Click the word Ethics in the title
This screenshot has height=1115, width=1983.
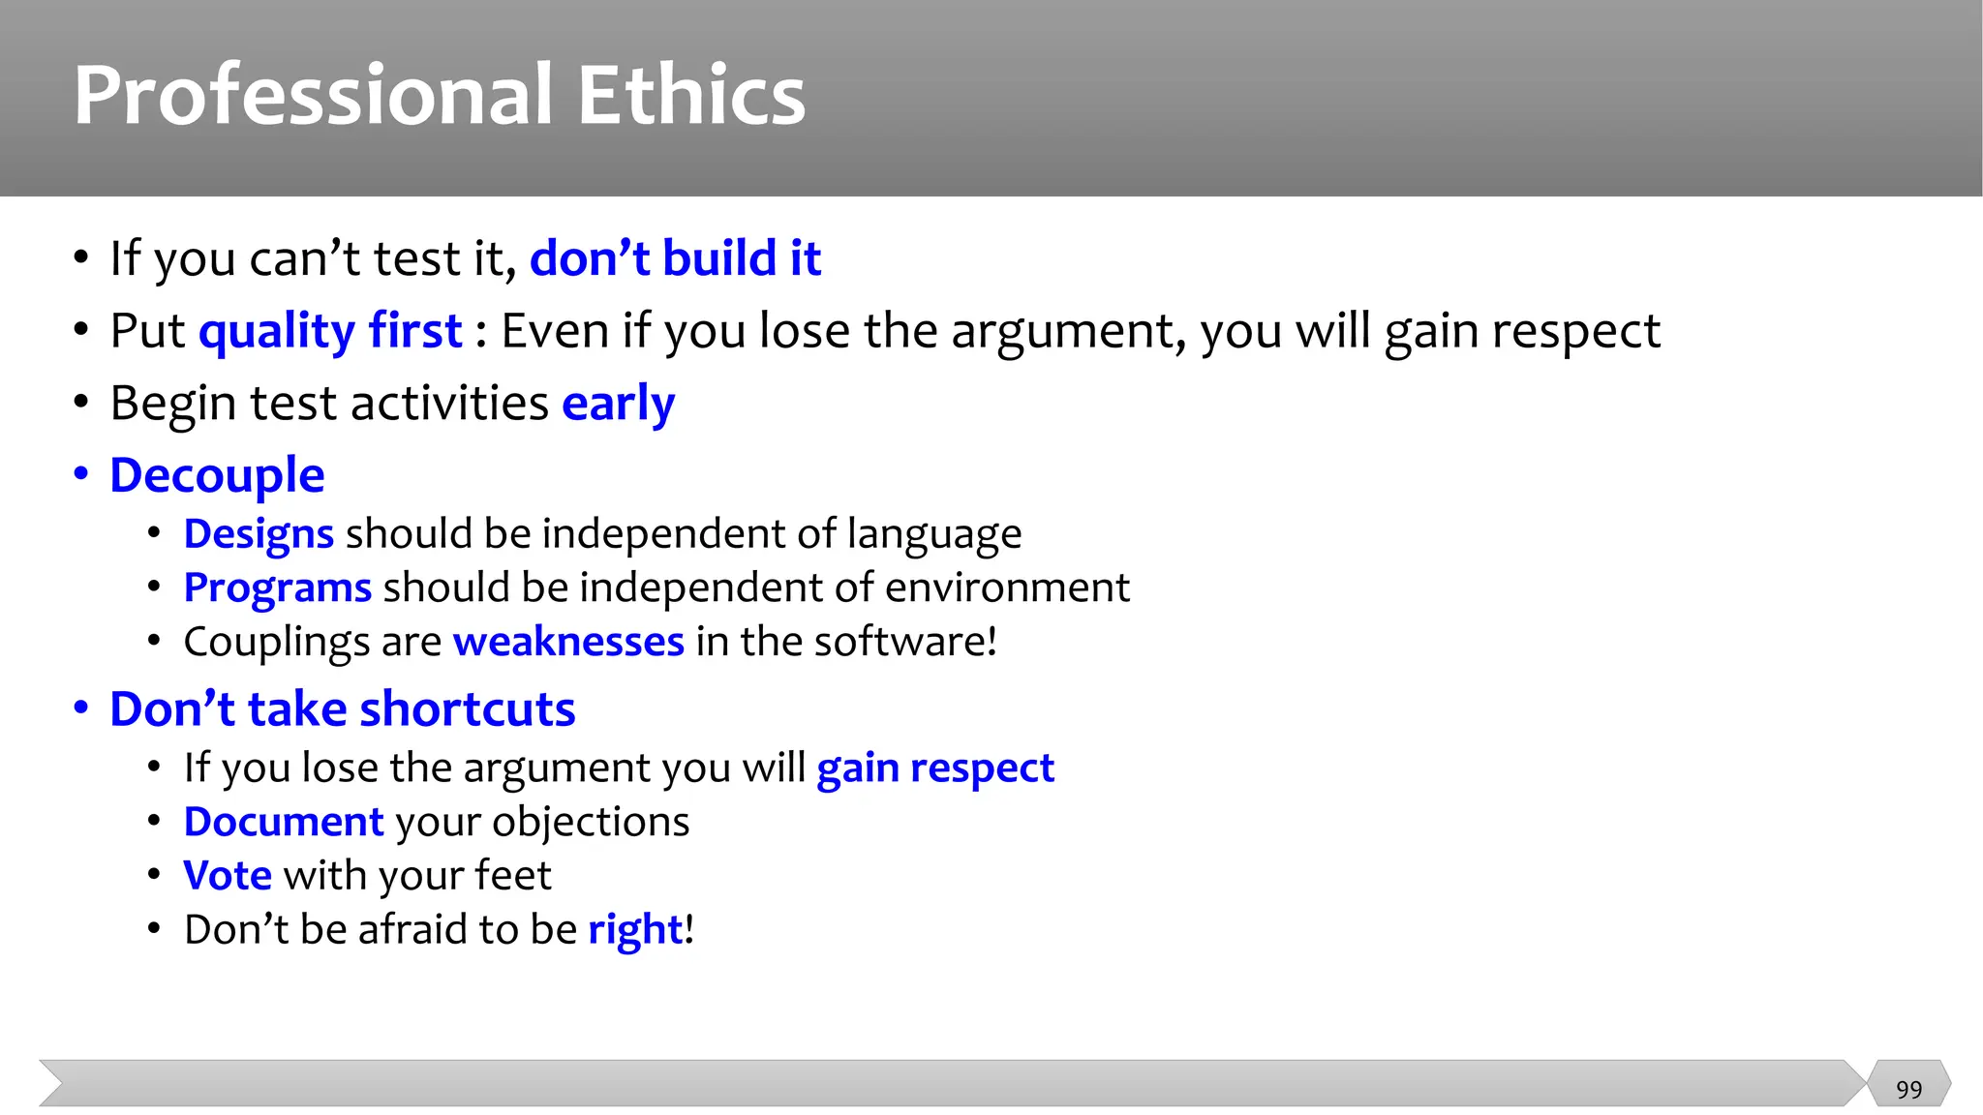point(691,95)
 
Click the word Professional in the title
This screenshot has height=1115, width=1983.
point(313,95)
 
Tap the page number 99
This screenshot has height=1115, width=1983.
point(1908,1090)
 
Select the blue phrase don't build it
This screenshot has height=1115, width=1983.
point(675,258)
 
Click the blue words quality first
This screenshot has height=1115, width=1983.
point(330,332)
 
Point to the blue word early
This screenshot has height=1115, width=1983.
point(618,404)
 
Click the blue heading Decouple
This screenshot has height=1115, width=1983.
point(217,476)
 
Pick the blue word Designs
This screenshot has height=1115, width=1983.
point(259,534)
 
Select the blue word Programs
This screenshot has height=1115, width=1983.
point(277,588)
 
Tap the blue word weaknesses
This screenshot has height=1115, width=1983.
point(568,642)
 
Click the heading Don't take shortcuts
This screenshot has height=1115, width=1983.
point(343,709)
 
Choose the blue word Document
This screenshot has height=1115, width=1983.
point(284,822)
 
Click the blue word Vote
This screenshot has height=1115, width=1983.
point(228,876)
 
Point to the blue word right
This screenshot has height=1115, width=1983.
point(635,930)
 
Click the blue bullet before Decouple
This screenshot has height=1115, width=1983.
point(81,474)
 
